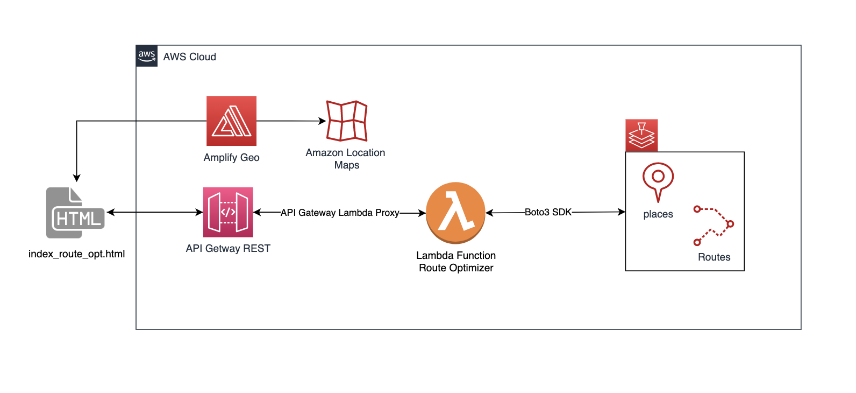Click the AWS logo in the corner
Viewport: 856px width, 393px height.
pyautogui.click(x=146, y=56)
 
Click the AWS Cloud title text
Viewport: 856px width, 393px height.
pyautogui.click(x=189, y=57)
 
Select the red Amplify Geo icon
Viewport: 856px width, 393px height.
pyautogui.click(x=231, y=121)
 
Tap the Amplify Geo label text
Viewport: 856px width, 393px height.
pyautogui.click(x=231, y=158)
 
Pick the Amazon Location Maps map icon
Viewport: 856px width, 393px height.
pyautogui.click(x=347, y=121)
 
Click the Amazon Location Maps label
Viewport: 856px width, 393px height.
pyautogui.click(x=346, y=159)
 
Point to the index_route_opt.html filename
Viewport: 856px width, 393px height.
pyautogui.click(x=76, y=254)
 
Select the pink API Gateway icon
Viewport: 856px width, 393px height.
pyautogui.click(x=228, y=212)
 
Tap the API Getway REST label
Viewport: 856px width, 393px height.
pyautogui.click(x=228, y=249)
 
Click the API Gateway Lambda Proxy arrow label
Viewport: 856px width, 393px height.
pyautogui.click(x=340, y=213)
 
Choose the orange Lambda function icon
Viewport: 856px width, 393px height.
pyautogui.click(x=455, y=213)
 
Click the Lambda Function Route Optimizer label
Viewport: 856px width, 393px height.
pyautogui.click(x=456, y=262)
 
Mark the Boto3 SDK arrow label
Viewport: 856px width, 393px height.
pyautogui.click(x=548, y=212)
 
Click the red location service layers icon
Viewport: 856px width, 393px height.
pyautogui.click(x=641, y=135)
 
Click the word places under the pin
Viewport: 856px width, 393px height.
pyautogui.click(x=658, y=214)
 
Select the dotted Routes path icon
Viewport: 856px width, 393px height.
pyautogui.click(x=714, y=226)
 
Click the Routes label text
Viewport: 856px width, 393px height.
pyautogui.click(x=714, y=257)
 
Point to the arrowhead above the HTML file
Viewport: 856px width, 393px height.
pyautogui.click(x=77, y=178)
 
